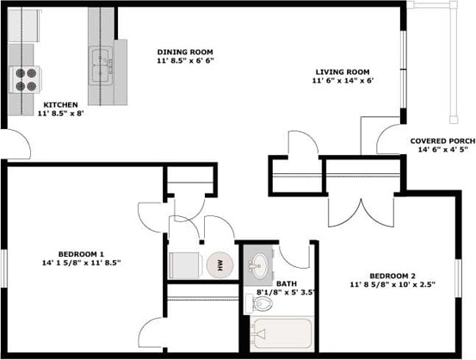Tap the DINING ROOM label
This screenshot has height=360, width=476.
pos(184,52)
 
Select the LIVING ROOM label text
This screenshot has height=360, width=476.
pos(342,71)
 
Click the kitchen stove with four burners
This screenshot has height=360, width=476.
pos(27,79)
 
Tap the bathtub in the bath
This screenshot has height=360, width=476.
pos(281,334)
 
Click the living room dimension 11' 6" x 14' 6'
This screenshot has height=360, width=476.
pos(342,81)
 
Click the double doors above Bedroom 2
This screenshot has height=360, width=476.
pos(362,208)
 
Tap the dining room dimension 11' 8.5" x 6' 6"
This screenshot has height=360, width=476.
pos(184,61)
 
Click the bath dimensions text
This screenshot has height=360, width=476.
pos(285,293)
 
